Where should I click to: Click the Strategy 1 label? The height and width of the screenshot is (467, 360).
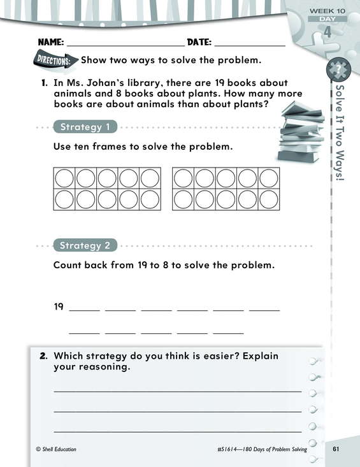click(x=85, y=127)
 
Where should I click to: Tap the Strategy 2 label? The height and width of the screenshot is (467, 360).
click(x=85, y=246)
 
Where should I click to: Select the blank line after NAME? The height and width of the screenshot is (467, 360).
click(x=126, y=46)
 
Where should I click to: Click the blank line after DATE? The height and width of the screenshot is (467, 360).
click(x=250, y=46)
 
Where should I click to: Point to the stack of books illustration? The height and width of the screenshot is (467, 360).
click(x=301, y=133)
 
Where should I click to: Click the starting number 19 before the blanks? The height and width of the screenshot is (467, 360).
click(x=59, y=306)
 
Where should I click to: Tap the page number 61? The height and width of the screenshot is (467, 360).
click(x=336, y=449)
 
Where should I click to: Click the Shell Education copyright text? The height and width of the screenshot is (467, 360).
click(x=56, y=449)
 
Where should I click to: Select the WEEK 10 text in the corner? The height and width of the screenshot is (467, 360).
click(x=328, y=11)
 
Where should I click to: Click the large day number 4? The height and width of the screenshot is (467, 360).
click(x=328, y=31)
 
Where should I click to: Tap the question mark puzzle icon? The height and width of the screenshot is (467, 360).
click(x=338, y=69)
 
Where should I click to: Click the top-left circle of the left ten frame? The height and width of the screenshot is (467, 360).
click(x=64, y=178)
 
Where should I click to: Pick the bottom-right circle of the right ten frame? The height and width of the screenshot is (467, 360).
click(x=269, y=199)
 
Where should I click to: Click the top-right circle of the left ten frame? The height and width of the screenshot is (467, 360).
click(x=150, y=178)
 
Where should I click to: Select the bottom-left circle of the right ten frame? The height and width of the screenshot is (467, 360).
click(x=183, y=199)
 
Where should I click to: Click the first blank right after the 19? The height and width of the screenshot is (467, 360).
click(x=85, y=311)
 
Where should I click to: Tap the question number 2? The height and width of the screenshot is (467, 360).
click(x=43, y=356)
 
